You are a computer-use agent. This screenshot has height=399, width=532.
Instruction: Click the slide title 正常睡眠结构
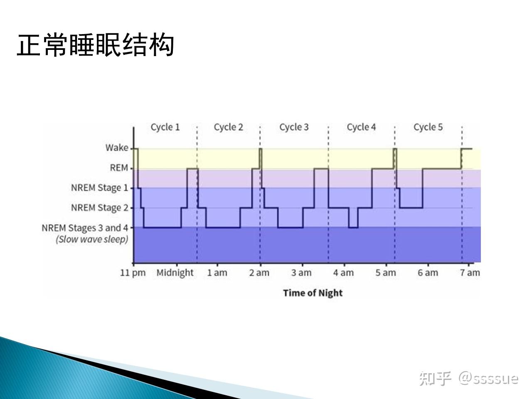point(96,45)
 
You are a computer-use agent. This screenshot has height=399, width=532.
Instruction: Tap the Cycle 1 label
point(165,127)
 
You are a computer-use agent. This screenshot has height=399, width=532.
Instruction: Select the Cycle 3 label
point(294,127)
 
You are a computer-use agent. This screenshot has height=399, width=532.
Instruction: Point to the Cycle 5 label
point(428,127)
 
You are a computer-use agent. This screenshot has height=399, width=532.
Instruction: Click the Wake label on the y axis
point(117,148)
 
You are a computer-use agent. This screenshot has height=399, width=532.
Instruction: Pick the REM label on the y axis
point(119,167)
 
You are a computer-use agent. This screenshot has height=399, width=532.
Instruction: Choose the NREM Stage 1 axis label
point(99,188)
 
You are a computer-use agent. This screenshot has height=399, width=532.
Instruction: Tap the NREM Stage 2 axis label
point(99,208)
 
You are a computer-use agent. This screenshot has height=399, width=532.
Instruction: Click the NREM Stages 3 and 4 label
point(85,228)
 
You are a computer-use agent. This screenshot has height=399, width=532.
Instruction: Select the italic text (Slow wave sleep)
point(92,239)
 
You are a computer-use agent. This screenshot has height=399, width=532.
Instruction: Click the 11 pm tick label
point(133,273)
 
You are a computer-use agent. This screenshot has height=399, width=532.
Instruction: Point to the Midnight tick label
point(175,273)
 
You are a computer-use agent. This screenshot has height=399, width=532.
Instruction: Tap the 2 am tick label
point(259,273)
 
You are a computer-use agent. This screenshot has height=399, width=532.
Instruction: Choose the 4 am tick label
point(343,273)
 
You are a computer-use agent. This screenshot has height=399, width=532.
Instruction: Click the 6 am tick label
point(428,273)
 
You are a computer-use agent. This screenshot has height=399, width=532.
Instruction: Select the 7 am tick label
point(470,273)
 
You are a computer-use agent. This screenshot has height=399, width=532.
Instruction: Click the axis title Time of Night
point(313,293)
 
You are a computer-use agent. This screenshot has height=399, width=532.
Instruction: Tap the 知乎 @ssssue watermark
point(469,378)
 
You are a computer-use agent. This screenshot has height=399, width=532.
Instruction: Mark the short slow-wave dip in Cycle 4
point(353,227)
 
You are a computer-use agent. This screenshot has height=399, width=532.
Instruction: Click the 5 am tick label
point(386,273)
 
